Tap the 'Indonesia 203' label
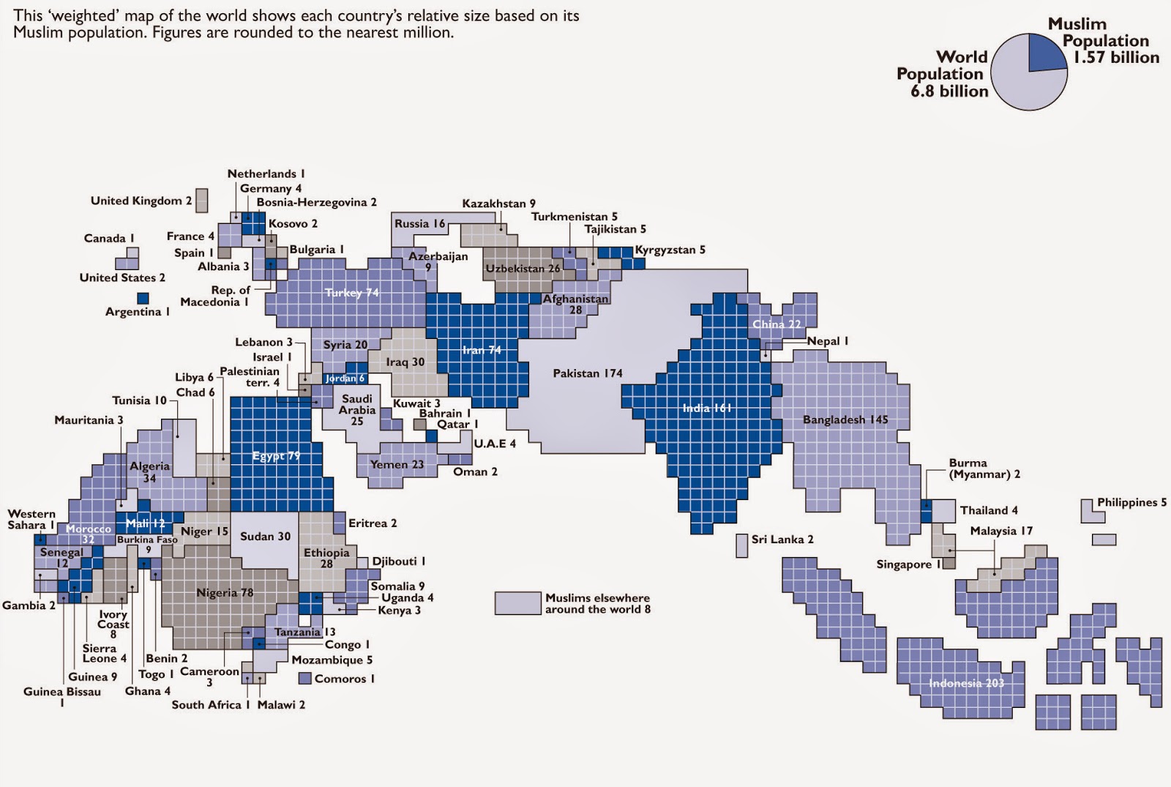coord(966,683)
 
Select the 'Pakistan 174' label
coord(587,373)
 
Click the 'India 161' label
coord(707,408)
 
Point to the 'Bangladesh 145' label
coord(845,419)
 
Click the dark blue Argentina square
coord(143,298)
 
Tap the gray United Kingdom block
coord(201,200)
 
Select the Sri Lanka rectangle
coord(741,545)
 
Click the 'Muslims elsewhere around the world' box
coord(517,603)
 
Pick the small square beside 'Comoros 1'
coord(305,679)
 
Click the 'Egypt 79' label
coord(276,456)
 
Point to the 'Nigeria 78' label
coord(225,592)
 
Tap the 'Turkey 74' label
coord(352,293)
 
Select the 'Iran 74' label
coord(482,350)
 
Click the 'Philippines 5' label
coord(1131,502)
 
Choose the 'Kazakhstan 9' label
coord(498,204)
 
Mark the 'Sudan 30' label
coord(265,536)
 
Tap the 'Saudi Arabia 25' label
coord(357,410)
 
